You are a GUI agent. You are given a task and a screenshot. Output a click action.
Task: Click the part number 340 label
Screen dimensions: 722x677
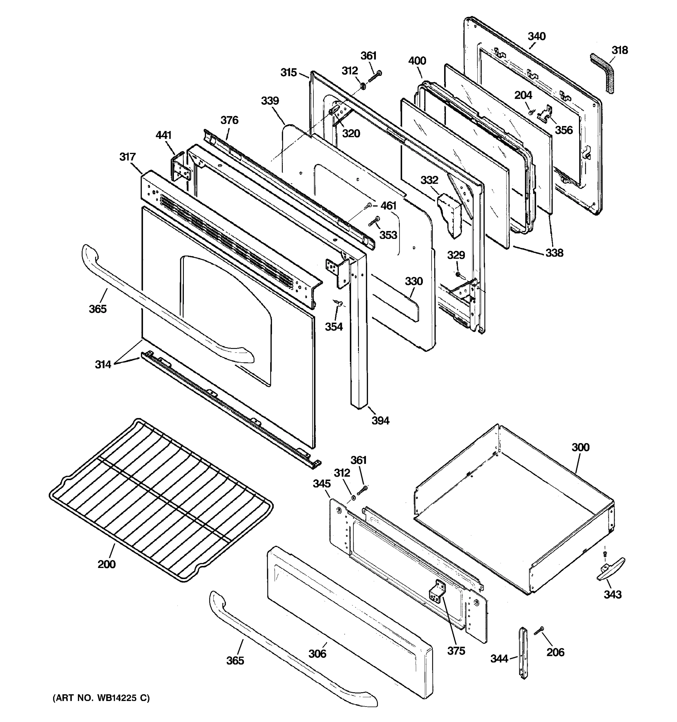(536, 36)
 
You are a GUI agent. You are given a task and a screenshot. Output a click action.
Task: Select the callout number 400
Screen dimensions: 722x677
(417, 61)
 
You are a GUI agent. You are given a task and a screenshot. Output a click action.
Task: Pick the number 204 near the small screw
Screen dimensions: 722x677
(523, 95)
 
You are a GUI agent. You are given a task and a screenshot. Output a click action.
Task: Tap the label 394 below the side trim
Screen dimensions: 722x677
(380, 421)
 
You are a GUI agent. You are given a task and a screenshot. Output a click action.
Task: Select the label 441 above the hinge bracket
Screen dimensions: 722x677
(163, 135)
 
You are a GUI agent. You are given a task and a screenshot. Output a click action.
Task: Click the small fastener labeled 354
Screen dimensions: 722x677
(340, 303)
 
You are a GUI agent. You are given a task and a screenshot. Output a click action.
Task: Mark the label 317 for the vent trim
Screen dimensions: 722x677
(128, 157)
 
